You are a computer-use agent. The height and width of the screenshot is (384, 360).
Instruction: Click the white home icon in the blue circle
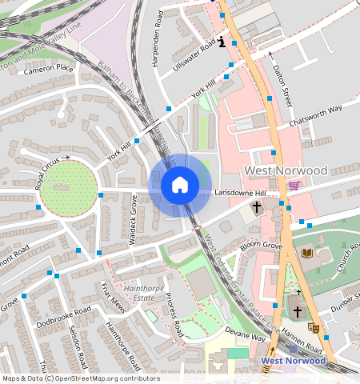click(x=180, y=185)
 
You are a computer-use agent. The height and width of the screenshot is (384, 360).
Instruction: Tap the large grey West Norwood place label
click(x=286, y=171)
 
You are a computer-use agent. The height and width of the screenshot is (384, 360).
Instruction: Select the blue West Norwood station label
click(x=294, y=361)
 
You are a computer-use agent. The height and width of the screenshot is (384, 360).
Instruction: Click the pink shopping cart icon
click(x=294, y=186)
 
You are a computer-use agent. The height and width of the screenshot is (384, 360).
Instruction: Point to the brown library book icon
click(x=307, y=253)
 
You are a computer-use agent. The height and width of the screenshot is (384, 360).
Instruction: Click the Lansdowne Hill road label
click(x=245, y=194)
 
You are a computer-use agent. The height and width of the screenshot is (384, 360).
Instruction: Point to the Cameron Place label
click(x=48, y=70)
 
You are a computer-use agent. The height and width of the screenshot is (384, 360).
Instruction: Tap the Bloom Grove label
click(x=262, y=245)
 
